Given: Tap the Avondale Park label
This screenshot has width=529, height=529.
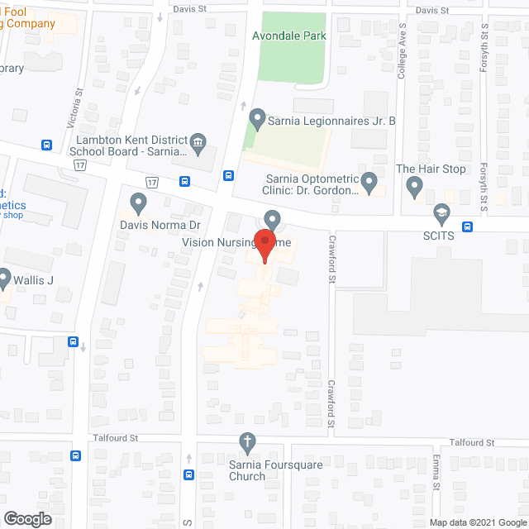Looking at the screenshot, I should tap(292, 36).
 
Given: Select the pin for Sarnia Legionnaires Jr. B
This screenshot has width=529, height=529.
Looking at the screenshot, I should tap(257, 120).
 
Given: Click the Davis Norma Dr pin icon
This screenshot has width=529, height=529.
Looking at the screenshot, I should tap(138, 202).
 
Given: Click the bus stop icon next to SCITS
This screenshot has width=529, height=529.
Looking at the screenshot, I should tap(468, 226).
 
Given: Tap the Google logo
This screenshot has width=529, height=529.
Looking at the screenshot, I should tap(26, 519).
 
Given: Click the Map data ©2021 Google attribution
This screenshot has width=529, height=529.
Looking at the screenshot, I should tap(477, 522).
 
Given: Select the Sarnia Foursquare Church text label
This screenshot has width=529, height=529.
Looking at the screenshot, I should tap(247, 469).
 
